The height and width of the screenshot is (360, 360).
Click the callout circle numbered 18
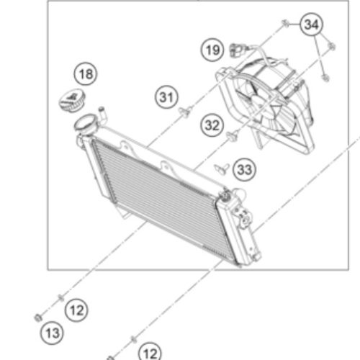[x=86, y=74]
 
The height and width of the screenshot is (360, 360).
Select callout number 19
[x=212, y=50]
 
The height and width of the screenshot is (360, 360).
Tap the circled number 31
[x=166, y=97]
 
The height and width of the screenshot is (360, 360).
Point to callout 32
[x=212, y=125]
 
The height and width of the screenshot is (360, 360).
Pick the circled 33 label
[x=245, y=170]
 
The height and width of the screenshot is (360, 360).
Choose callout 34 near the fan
[x=311, y=24]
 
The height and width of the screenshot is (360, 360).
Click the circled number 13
[x=52, y=333]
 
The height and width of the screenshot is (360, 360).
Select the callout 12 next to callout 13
[x=76, y=310]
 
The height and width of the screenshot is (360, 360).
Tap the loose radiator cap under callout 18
[x=72, y=100]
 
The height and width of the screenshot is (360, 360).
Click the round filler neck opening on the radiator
[x=86, y=124]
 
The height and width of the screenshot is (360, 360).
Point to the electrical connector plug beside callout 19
[x=237, y=50]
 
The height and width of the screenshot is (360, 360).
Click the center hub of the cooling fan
[x=261, y=105]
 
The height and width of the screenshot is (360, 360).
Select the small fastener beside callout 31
[x=185, y=112]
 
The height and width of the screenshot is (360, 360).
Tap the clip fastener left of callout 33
[x=222, y=168]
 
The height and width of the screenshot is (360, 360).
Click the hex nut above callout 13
[x=38, y=318]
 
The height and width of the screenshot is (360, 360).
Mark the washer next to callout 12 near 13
[x=61, y=298]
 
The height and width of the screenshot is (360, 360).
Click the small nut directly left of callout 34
[x=285, y=24]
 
